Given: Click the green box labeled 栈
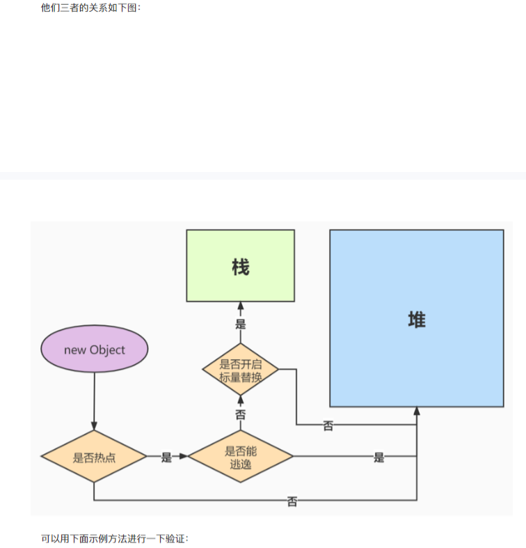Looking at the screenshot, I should [x=240, y=265].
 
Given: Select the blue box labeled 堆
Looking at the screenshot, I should [x=416, y=318].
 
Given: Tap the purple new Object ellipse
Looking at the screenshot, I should [x=95, y=350].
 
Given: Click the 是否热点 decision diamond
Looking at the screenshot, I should [x=94, y=457].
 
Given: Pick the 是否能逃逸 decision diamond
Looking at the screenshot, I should [x=241, y=457].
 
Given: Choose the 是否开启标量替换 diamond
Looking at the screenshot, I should [x=241, y=370].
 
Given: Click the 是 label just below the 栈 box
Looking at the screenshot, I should [x=241, y=324].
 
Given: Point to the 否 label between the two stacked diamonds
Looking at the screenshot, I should [x=241, y=414].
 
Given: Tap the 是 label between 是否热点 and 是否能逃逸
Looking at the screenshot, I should [x=166, y=457].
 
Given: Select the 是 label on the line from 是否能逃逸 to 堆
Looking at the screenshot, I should [x=378, y=457].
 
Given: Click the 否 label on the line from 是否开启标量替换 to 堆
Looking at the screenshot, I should [x=328, y=425].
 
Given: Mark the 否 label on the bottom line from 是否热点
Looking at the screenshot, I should [x=292, y=501].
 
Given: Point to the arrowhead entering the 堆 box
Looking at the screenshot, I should [x=417, y=412].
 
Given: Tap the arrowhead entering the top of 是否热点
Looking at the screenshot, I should [x=94, y=426].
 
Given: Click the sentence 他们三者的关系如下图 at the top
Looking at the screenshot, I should [x=91, y=8].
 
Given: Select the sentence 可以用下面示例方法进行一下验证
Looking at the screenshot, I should [x=115, y=538].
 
